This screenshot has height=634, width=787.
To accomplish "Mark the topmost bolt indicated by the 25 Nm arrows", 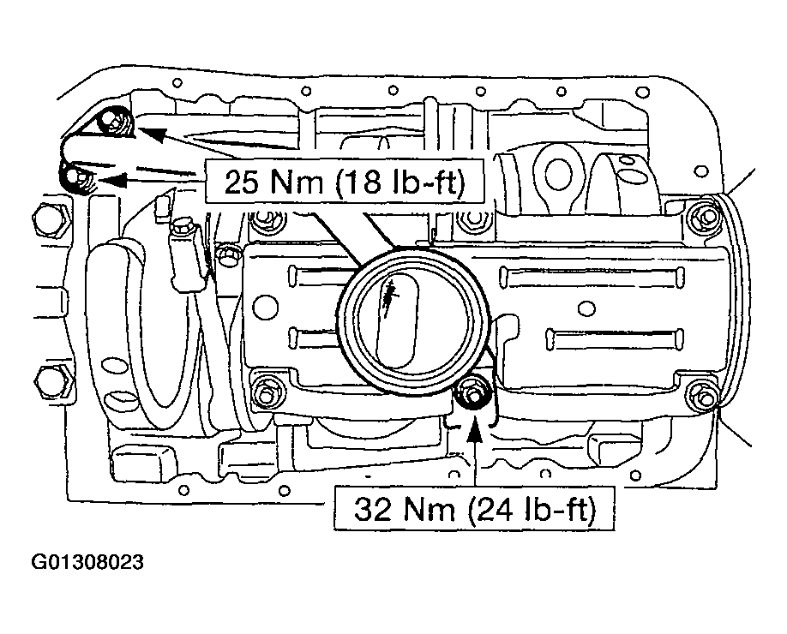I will tap(116, 123).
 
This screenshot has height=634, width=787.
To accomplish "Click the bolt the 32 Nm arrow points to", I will tap(472, 396).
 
